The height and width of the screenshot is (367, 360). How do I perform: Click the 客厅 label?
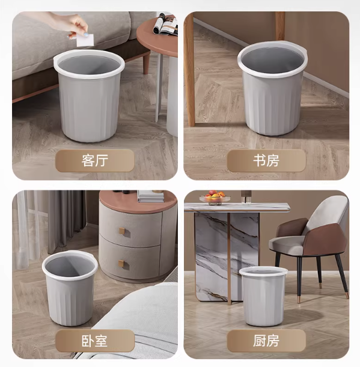[94, 160]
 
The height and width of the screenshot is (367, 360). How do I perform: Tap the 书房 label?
[266, 160]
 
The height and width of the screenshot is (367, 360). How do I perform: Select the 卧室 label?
[94, 341]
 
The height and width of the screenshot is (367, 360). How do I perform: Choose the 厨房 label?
[266, 341]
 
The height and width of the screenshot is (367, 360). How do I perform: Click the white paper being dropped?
[85, 40]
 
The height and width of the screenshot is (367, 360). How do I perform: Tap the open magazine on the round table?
[166, 25]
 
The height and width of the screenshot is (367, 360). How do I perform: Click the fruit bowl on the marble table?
[215, 198]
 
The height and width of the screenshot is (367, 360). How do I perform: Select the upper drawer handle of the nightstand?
[123, 232]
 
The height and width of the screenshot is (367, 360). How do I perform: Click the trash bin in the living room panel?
[89, 96]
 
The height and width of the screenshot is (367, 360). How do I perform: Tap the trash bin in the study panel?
[272, 88]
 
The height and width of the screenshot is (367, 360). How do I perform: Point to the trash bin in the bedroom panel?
[70, 288]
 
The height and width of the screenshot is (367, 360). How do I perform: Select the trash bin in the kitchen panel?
[263, 296]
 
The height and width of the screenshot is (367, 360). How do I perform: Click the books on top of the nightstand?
[151, 196]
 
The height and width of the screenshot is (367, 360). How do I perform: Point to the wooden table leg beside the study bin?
[190, 70]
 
